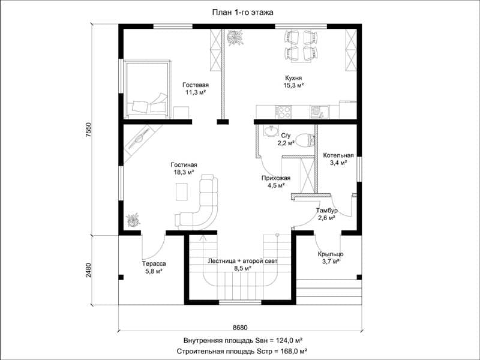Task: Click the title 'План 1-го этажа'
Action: [242, 12]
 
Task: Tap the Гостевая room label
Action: [196, 85]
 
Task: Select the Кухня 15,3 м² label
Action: [293, 82]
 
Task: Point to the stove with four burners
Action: [283, 112]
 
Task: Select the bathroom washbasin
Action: [270, 131]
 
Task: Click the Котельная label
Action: [338, 155]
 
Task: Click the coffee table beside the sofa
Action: [182, 191]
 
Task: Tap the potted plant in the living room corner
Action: [133, 220]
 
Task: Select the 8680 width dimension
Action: [240, 327]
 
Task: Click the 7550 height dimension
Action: [88, 130]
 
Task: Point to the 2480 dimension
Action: [88, 270]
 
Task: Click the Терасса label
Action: [154, 263]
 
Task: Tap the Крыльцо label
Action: [331, 254]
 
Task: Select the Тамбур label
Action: [327, 211]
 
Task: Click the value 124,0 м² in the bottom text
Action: [290, 340]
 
